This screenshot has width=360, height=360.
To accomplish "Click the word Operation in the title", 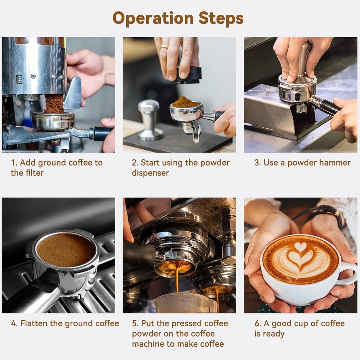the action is click(x=153, y=18).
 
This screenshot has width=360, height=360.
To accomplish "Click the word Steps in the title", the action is click(x=221, y=18).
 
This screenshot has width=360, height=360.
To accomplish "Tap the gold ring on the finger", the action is click(x=164, y=46).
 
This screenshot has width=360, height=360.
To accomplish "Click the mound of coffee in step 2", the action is click(x=186, y=102).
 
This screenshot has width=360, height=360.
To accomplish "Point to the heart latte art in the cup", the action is click(x=300, y=259).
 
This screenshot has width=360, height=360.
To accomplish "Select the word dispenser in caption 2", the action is click(x=150, y=173).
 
